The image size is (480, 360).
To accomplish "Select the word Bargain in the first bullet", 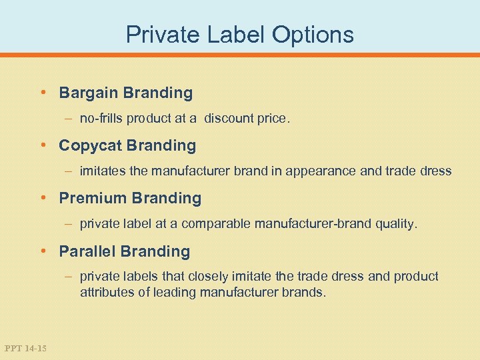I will point(87,93).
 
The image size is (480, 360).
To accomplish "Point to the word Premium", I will point(93,198).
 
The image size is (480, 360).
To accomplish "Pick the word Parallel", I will point(87,251).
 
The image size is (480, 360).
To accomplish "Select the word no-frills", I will point(101,119).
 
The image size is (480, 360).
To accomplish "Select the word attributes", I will point(103,291).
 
